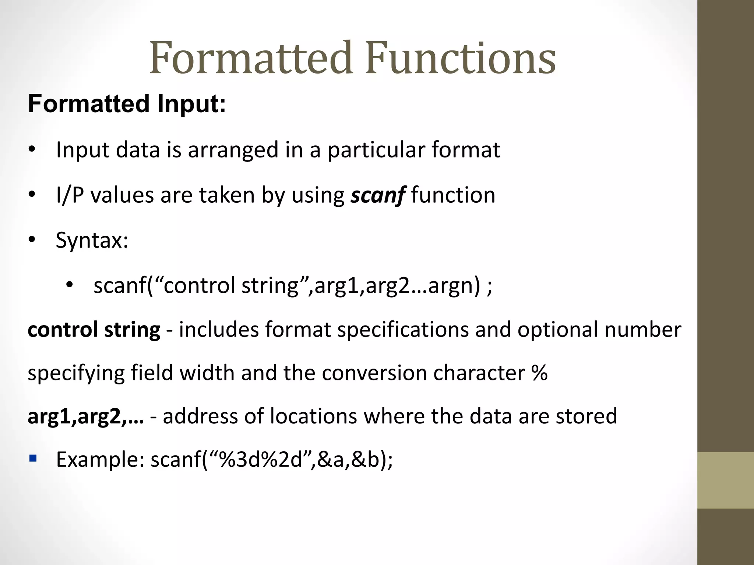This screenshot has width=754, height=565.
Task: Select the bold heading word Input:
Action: (191, 104)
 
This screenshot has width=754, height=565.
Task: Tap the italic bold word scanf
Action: (378, 195)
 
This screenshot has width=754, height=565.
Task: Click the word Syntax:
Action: (92, 241)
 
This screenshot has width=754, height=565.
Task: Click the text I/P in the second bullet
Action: (70, 195)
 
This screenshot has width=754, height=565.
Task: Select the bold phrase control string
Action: (94, 330)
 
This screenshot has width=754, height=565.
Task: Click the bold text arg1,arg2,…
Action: (86, 416)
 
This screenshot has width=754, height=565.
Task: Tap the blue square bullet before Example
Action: (33, 458)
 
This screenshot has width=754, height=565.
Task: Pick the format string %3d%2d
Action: (260, 460)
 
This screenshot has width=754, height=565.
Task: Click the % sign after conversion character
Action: (539, 373)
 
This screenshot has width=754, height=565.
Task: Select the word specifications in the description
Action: (403, 330)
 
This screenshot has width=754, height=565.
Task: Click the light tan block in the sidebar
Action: (725, 480)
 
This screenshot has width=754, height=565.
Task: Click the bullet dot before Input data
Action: (32, 150)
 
